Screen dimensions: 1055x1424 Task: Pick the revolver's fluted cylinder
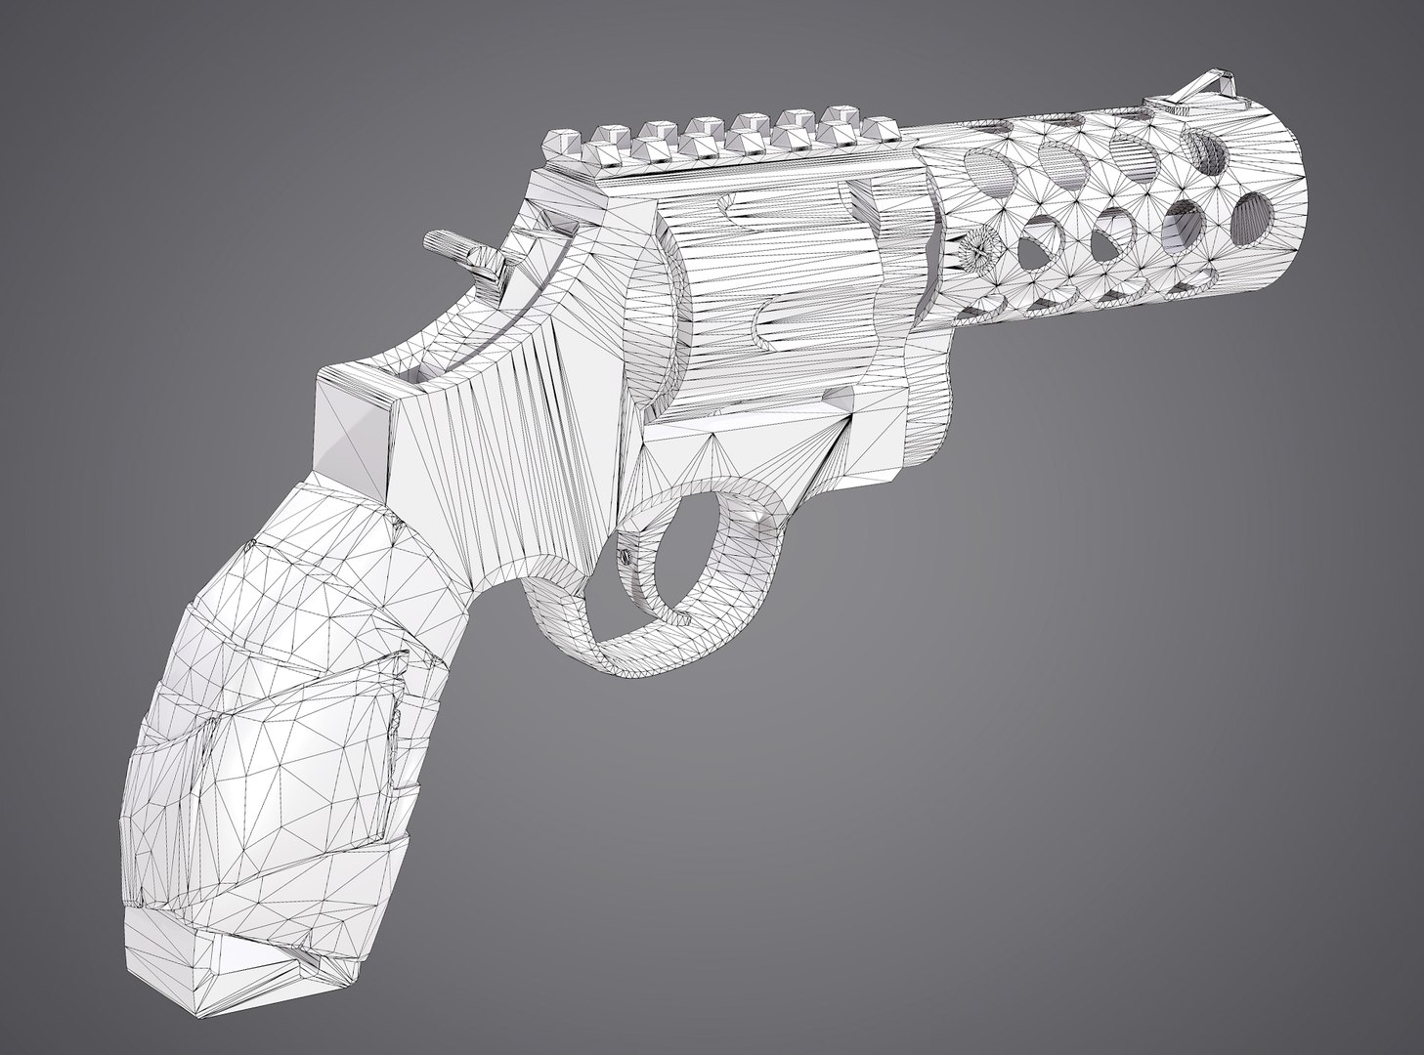pyautogui.click(x=782, y=293)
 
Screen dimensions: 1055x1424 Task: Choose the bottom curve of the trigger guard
pyautogui.click(x=626, y=654)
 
